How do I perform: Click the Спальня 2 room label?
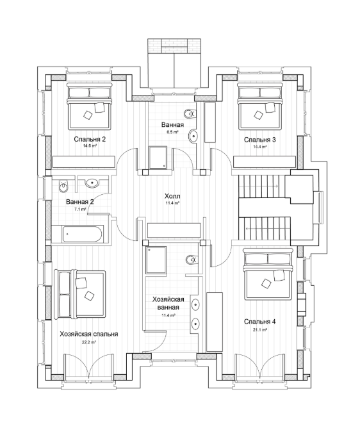point(90,139)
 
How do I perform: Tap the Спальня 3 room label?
point(260,140)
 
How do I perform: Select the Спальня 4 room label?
point(260,322)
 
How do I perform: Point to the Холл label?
point(172,196)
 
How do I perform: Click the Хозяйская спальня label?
point(89,334)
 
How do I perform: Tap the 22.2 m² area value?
point(89,342)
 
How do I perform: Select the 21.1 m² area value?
point(260,330)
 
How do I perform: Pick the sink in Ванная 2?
point(93,183)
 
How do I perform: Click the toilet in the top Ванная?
point(190,114)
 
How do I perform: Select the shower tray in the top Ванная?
point(158,158)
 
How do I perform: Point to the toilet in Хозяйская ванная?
point(192,260)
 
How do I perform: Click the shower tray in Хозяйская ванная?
point(156,260)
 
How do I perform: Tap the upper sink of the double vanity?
point(195,304)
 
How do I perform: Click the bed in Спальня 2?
point(89,106)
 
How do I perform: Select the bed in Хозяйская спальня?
point(79,293)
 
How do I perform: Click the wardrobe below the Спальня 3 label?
point(265,162)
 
